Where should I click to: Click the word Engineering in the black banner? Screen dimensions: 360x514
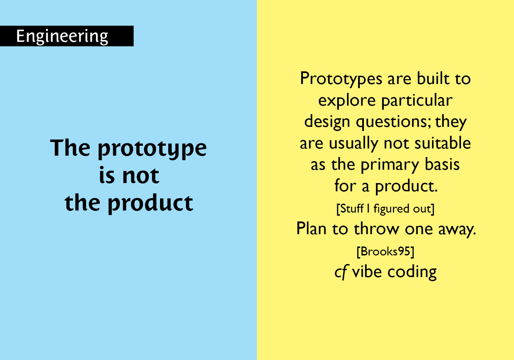pyautogui.click(x=62, y=36)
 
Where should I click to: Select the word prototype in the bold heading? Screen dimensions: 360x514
pyautogui.click(x=152, y=149)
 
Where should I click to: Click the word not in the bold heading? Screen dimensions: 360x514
pyautogui.click(x=140, y=176)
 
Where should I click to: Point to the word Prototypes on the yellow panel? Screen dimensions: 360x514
pyautogui.click(x=341, y=79)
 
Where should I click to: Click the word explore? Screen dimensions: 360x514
pyautogui.click(x=347, y=101)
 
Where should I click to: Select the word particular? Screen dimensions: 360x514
pyautogui.click(x=417, y=101)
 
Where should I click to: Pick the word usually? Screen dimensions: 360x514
pyautogui.click(x=354, y=144)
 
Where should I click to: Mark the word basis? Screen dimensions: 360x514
pyautogui.click(x=442, y=165)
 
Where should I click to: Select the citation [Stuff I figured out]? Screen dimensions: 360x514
pyautogui.click(x=385, y=208)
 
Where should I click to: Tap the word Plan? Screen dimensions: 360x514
pyautogui.click(x=311, y=229)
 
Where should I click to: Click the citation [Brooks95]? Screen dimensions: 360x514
pyautogui.click(x=385, y=251)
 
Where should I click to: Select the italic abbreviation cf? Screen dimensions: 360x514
pyautogui.click(x=341, y=272)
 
